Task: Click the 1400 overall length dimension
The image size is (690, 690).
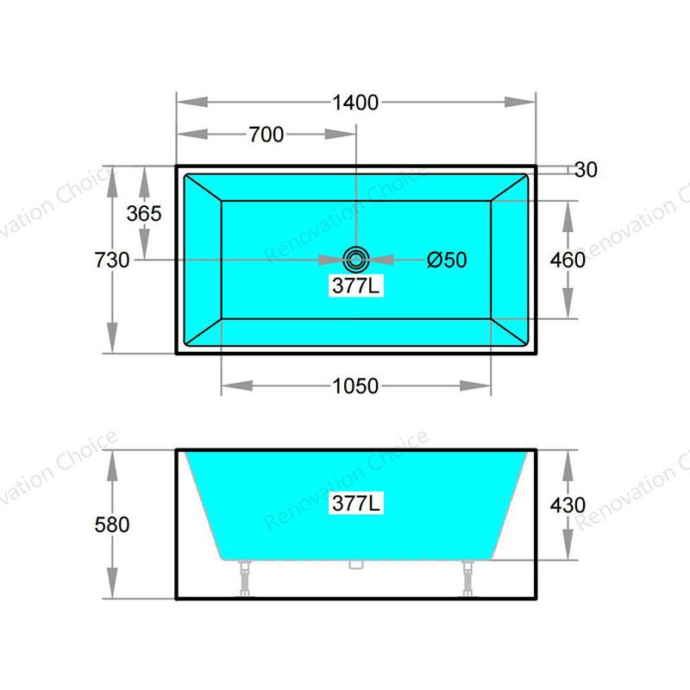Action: tap(355, 103)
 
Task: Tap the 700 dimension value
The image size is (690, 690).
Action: tap(267, 135)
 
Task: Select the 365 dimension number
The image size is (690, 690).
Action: tap(144, 214)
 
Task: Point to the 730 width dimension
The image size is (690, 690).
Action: tap(112, 260)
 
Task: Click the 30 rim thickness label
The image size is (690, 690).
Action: tap(586, 170)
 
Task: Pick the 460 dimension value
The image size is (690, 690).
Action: tap(568, 260)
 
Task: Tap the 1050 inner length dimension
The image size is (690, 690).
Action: tap(355, 386)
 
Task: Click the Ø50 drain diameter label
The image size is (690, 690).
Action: tap(447, 260)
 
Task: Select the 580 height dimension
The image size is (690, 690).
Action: tap(112, 524)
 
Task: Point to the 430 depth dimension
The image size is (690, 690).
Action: tap(568, 505)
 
